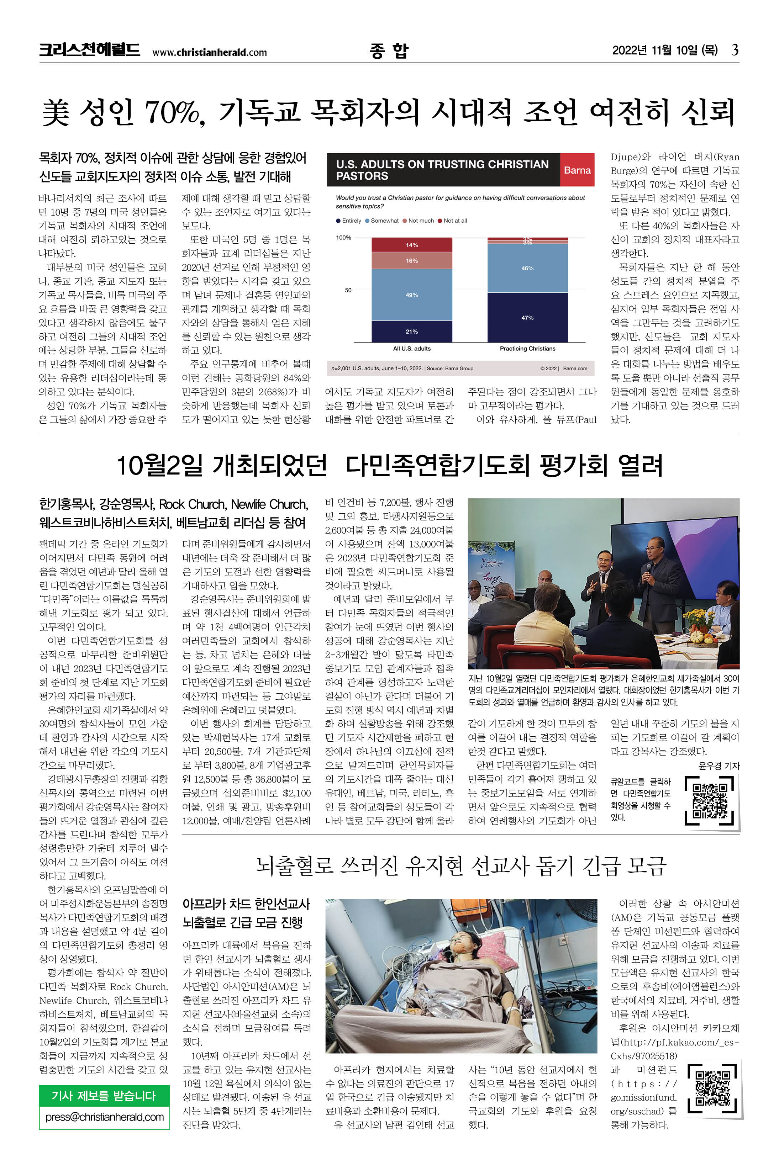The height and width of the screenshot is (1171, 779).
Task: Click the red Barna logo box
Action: point(577,170)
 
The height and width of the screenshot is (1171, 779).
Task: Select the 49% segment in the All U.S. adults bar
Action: point(412,295)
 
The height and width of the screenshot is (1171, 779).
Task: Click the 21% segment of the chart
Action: point(412,331)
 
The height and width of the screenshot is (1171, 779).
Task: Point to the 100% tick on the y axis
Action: point(344,237)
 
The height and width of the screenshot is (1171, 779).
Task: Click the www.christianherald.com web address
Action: point(209,52)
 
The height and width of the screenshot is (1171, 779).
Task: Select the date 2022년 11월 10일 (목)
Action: point(664,50)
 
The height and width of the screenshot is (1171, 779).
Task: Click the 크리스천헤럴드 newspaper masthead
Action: point(89,50)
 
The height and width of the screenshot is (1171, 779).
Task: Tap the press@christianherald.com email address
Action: point(104,1117)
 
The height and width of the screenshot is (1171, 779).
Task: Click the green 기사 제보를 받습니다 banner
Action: point(104,1096)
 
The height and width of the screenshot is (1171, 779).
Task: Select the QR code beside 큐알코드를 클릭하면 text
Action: point(710,801)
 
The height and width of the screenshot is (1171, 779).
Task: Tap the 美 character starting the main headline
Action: point(55,112)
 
